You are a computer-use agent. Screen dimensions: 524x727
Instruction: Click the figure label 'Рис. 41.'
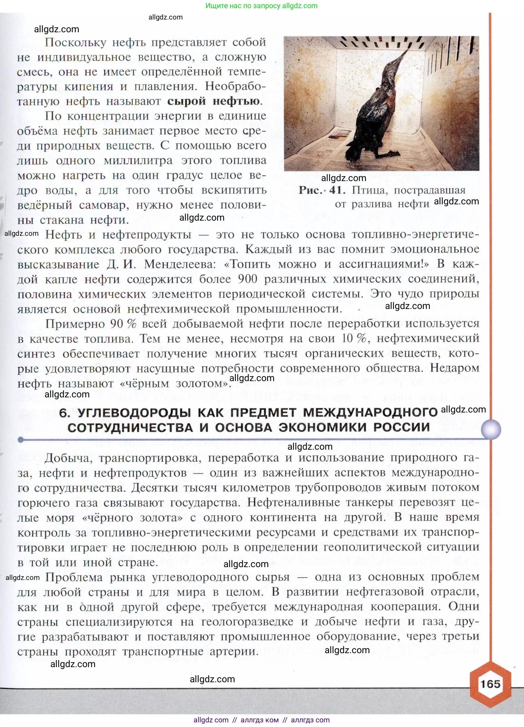(x=322, y=190)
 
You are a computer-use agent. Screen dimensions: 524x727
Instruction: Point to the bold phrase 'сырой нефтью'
(x=214, y=101)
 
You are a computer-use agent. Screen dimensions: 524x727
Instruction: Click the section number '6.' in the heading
(x=65, y=413)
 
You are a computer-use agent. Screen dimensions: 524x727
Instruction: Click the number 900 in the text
(x=247, y=279)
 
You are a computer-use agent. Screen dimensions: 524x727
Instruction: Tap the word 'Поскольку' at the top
(x=75, y=42)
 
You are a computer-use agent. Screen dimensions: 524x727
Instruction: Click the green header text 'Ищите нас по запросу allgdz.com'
(x=261, y=6)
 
